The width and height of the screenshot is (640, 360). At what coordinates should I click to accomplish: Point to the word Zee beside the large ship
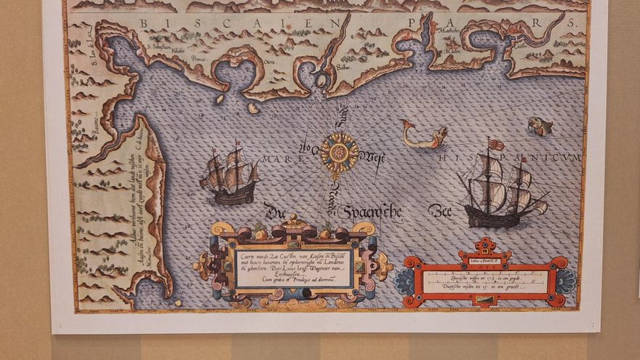tap(439, 212)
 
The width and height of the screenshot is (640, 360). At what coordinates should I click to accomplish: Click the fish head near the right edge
tap(540, 126)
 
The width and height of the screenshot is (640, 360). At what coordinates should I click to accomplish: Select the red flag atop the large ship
tap(497, 145)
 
